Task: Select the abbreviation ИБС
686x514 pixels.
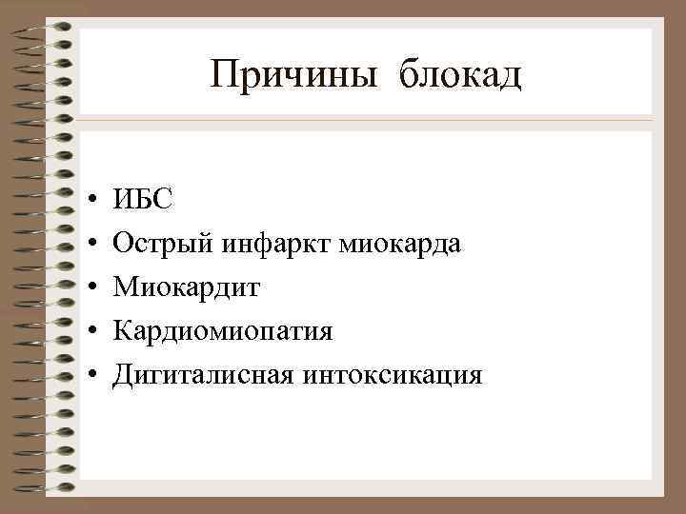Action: [143, 201]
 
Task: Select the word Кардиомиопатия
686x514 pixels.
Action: [223, 332]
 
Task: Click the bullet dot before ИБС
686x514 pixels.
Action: [89, 202]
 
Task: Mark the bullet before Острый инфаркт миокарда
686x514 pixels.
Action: [89, 246]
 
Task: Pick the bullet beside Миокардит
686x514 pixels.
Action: [89, 289]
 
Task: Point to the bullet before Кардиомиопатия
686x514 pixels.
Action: [89, 333]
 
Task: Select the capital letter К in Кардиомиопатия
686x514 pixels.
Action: [122, 331]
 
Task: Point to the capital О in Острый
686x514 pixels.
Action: [122, 245]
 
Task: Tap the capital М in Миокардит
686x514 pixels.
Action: [125, 288]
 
